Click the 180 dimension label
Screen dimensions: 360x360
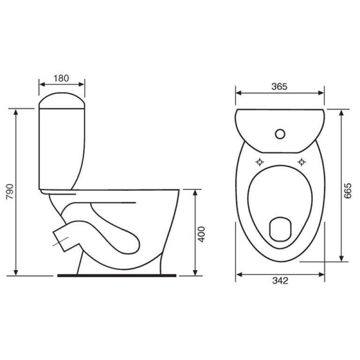click(61, 78)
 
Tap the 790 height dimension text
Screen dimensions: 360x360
click(10, 191)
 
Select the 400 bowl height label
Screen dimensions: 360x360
click(202, 234)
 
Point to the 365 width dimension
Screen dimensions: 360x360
click(279, 87)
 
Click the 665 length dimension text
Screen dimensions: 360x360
click(348, 191)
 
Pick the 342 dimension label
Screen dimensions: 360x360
click(280, 280)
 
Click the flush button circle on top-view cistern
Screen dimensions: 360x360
click(280, 134)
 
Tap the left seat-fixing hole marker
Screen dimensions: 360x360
click(260, 162)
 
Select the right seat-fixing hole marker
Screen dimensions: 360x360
click(301, 162)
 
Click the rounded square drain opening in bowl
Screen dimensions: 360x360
click(280, 229)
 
